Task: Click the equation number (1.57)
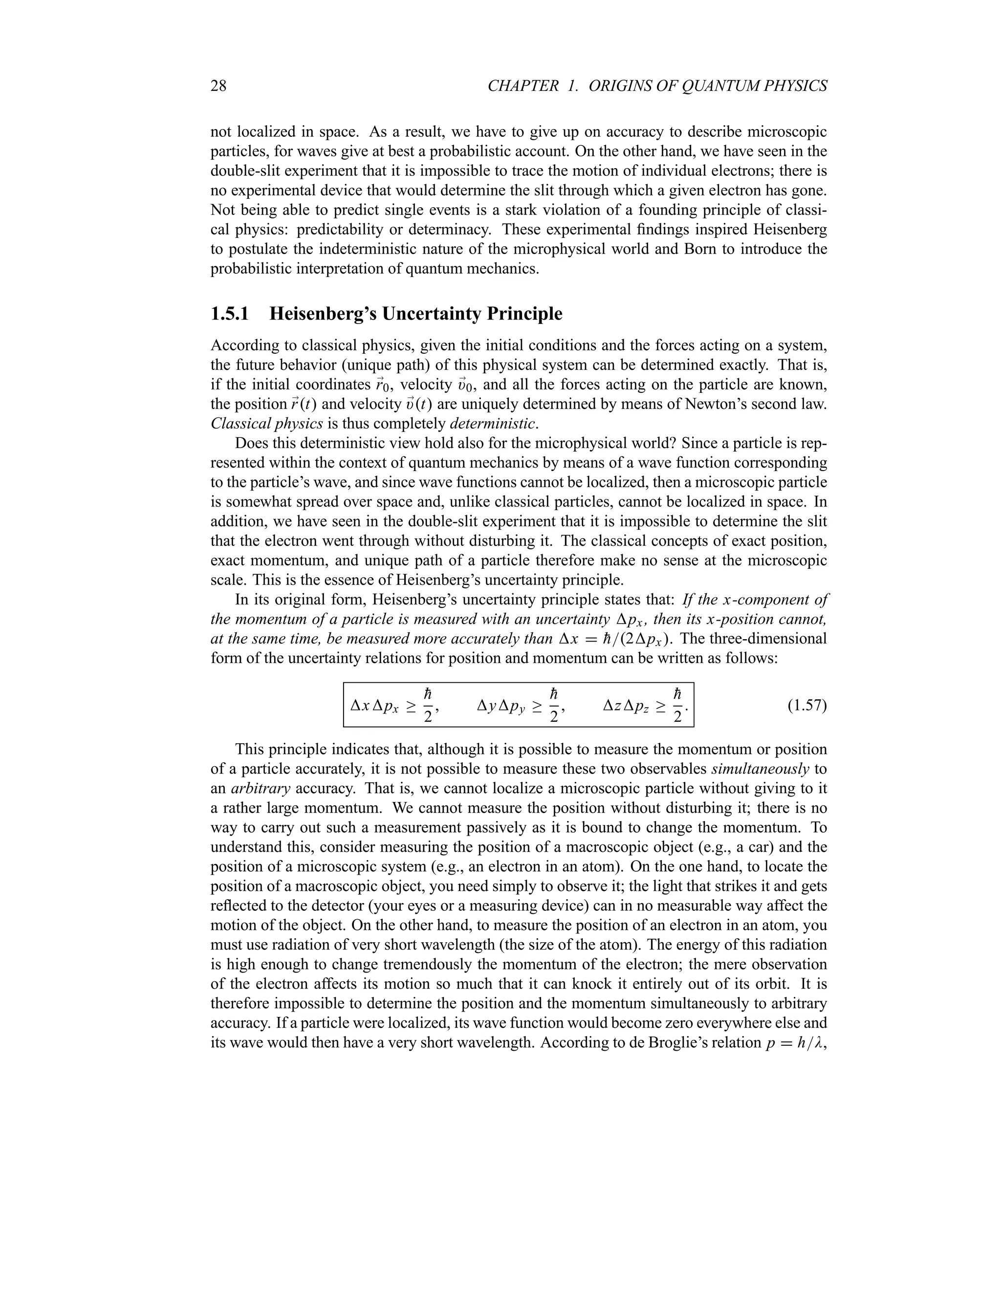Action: [806, 706]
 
